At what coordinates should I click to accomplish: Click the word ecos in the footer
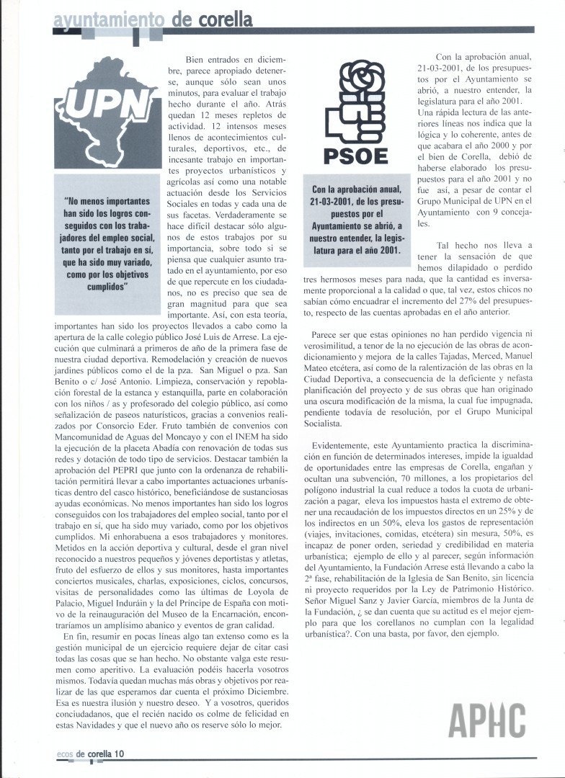click(x=65, y=754)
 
